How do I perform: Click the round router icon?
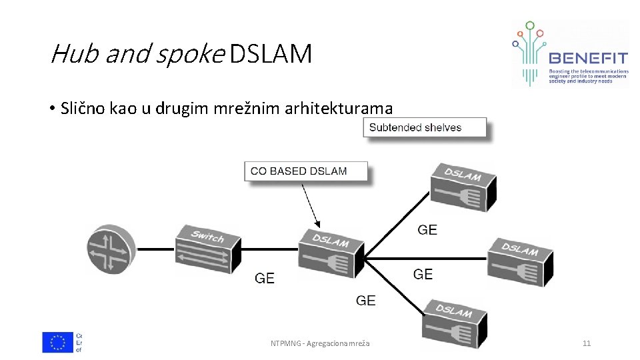[x=111, y=249]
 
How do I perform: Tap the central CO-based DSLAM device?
[x=331, y=253]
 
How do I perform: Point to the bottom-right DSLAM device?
[x=455, y=324]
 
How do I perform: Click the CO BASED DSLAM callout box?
[x=305, y=171]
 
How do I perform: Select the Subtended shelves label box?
[x=424, y=127]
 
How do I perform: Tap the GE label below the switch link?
[x=265, y=278]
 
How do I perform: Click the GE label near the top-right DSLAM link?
[x=427, y=230]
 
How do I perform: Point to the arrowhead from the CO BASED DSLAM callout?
[x=319, y=225]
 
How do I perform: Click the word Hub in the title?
[x=75, y=53]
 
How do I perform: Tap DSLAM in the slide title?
[x=270, y=53]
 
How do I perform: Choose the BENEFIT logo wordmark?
[x=587, y=58]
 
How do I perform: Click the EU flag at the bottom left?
[x=58, y=342]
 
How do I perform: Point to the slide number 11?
[x=587, y=343]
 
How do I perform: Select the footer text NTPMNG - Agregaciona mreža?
[x=320, y=343]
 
